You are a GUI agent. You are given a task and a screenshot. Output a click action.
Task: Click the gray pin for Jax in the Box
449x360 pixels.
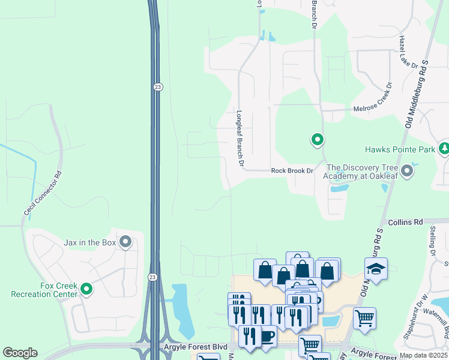coord(125,242)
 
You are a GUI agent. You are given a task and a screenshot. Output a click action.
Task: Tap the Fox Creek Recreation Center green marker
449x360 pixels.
coord(86,289)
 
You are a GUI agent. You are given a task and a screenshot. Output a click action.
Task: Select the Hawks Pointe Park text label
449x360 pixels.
coord(399,149)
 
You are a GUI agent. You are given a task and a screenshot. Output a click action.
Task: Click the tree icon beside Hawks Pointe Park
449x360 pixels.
coord(444,148)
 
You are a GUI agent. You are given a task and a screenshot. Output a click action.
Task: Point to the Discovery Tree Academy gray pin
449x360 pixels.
coord(408,171)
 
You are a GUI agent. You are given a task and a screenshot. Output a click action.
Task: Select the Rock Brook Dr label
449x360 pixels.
coord(292,171)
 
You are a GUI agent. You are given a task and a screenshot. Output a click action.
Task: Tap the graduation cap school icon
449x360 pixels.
coord(376,269)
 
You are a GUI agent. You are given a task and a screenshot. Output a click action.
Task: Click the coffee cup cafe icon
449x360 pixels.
coord(266,337)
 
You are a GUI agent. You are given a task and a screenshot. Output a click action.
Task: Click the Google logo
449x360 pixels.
coord(19,353)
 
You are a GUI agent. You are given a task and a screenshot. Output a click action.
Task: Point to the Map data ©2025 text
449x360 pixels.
coord(423,355)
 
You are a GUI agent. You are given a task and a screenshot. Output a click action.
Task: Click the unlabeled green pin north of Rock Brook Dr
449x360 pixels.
coord(317,140)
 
